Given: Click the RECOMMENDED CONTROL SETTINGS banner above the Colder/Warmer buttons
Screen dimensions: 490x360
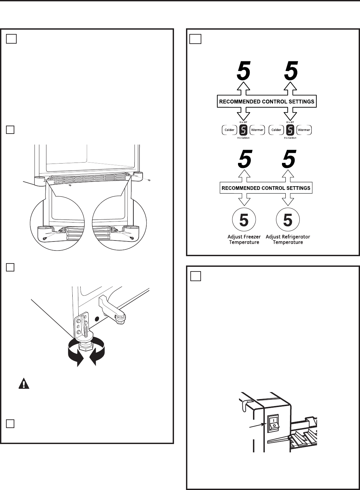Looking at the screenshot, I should (x=267, y=101).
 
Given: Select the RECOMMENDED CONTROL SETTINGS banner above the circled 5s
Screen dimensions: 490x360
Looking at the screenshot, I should (x=266, y=188).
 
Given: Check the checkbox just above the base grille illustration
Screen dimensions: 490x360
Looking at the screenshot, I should (x=10, y=130).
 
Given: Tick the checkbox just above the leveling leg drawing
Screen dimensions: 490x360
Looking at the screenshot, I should (x=10, y=267).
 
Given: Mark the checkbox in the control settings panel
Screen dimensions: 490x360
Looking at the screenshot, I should (x=196, y=39).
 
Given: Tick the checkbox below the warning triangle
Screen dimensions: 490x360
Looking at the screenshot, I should (x=10, y=423).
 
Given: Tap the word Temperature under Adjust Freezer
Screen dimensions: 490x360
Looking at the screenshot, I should (x=244, y=243).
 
